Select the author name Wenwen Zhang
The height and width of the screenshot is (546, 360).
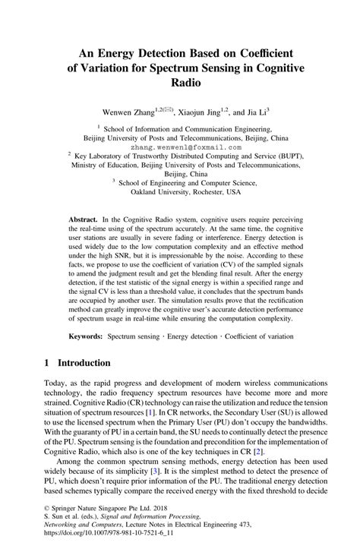point(116,112)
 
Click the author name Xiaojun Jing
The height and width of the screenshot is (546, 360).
point(200,112)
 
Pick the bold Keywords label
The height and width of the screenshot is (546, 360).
point(86,335)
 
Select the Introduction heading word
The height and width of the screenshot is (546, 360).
point(90,364)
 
